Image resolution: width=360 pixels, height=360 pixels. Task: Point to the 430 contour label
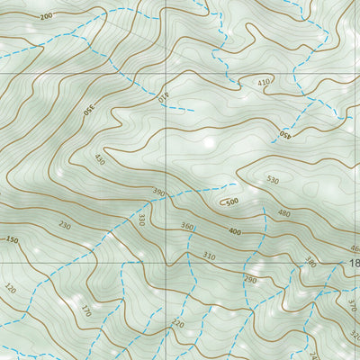tap(99, 160)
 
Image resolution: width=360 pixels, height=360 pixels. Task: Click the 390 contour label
tap(158, 192)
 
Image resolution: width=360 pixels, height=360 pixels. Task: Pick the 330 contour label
tap(140, 219)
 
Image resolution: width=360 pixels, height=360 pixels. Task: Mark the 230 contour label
tap(64, 225)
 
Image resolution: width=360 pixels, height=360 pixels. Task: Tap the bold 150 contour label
tap(12, 240)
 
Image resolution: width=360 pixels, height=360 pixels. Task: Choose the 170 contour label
tap(86, 312)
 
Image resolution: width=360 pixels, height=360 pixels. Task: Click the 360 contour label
tap(187, 226)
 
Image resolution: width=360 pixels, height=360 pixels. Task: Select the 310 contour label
tap(209, 256)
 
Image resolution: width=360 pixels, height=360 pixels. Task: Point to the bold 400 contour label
tap(235, 231)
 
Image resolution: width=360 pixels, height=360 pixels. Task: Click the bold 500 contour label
tap(231, 202)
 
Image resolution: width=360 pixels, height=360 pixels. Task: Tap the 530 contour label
tap(273, 181)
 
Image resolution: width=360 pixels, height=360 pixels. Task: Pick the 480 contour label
tap(284, 213)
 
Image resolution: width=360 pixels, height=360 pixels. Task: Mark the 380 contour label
tap(310, 262)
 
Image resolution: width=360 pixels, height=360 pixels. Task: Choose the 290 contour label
tap(249, 281)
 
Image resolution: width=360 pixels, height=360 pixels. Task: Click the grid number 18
tap(354, 263)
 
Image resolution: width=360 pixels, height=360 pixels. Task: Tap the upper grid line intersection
tap(166, 72)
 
